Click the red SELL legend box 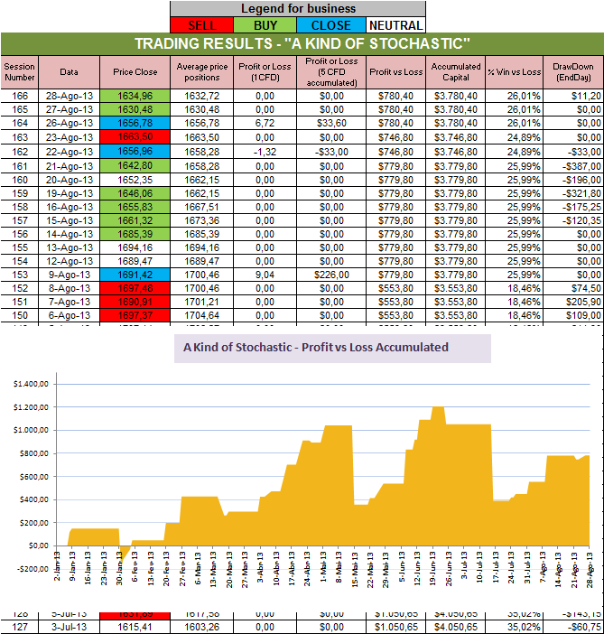tap(200, 24)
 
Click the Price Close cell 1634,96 tap(135, 95)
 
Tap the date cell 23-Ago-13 tap(70, 138)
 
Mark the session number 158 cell tap(20, 210)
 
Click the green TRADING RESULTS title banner tap(302, 43)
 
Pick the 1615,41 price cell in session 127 tap(135, 625)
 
